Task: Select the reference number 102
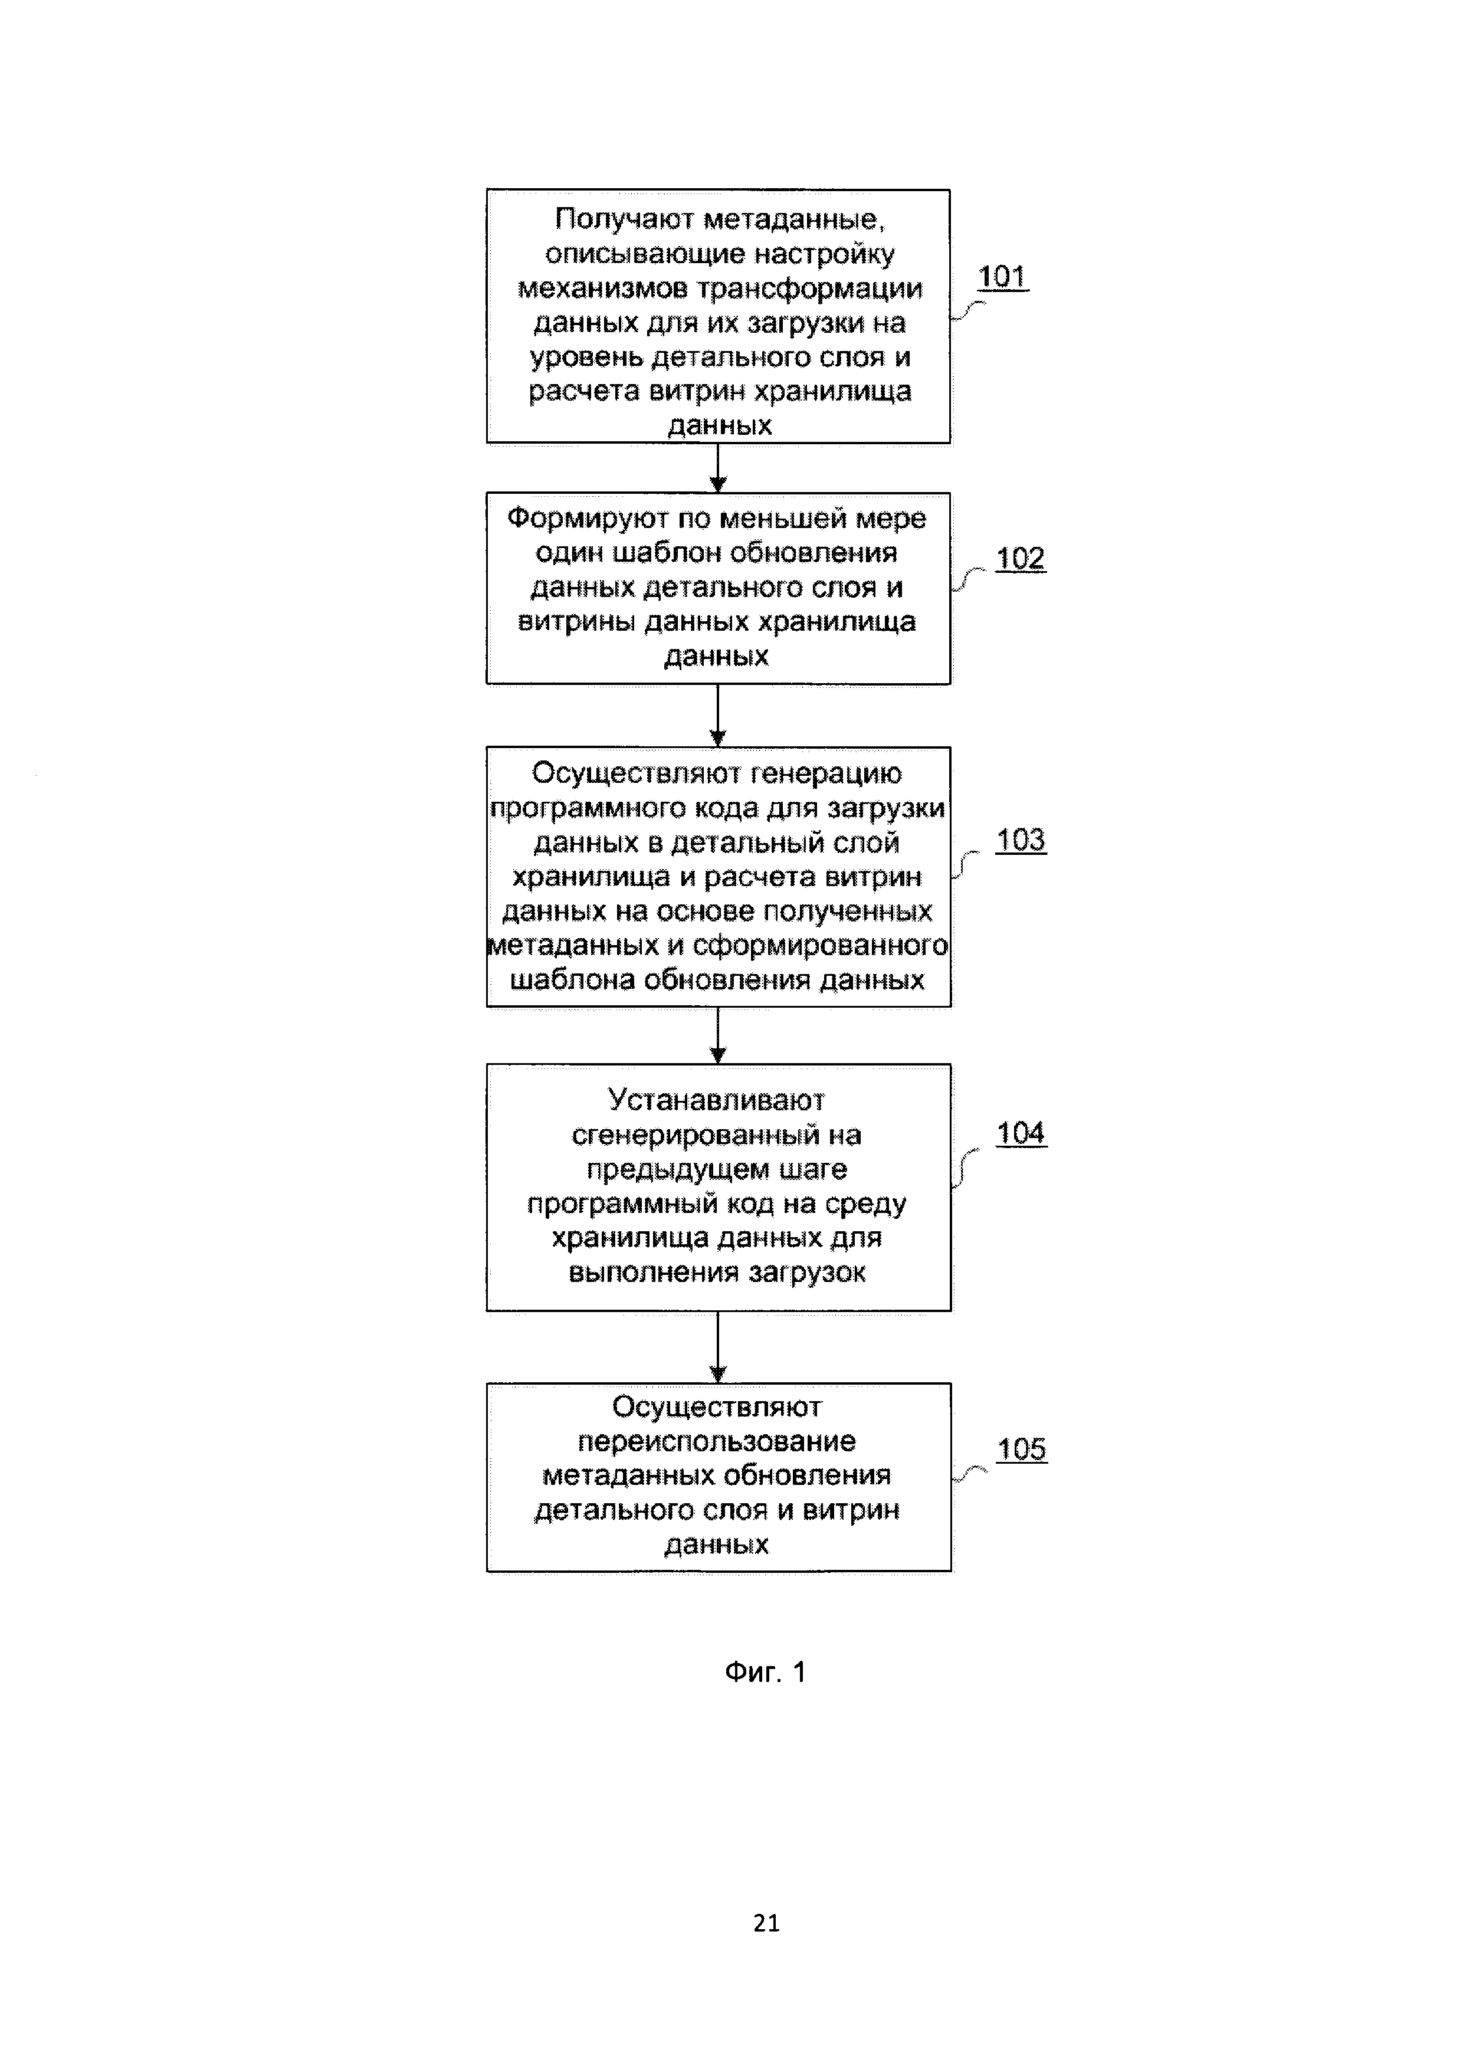pyautogui.click(x=1020, y=559)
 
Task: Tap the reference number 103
pyautogui.click(x=1020, y=840)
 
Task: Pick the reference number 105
pyautogui.click(x=1022, y=1449)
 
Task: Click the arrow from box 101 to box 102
pyautogui.click(x=718, y=468)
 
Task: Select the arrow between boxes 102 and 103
pyautogui.click(x=718, y=716)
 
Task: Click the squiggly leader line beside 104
pyautogui.click(x=965, y=1168)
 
